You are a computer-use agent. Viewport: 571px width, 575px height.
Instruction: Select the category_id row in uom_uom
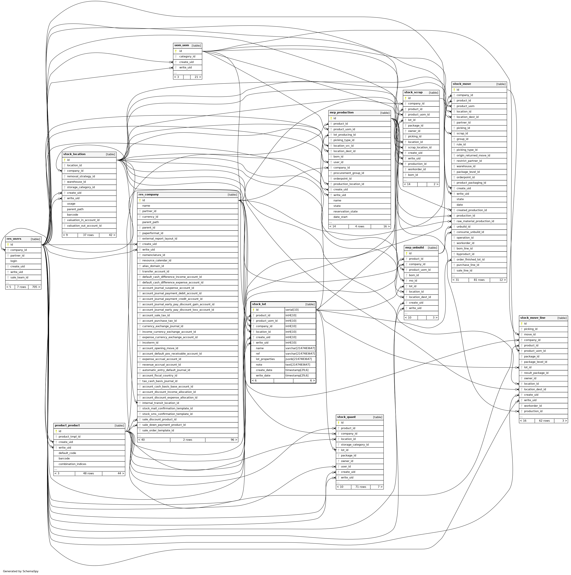click(x=187, y=57)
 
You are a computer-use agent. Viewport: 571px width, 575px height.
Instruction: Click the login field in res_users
click(x=14, y=261)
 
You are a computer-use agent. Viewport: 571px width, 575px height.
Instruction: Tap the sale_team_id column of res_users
click(x=19, y=277)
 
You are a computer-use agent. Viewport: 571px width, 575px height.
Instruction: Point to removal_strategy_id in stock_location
click(x=81, y=177)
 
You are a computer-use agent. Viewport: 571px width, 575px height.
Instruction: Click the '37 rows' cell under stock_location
click(x=88, y=235)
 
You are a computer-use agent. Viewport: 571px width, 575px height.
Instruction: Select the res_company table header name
click(x=149, y=195)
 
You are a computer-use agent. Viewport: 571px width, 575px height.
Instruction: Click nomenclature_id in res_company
click(x=153, y=255)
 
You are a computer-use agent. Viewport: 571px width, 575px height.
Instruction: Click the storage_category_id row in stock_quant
click(x=355, y=445)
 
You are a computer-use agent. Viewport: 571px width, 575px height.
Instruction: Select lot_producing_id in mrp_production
click(x=344, y=135)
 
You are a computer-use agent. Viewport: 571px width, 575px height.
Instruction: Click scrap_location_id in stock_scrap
click(x=419, y=147)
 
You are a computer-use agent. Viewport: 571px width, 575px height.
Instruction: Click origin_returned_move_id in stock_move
click(x=473, y=155)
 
